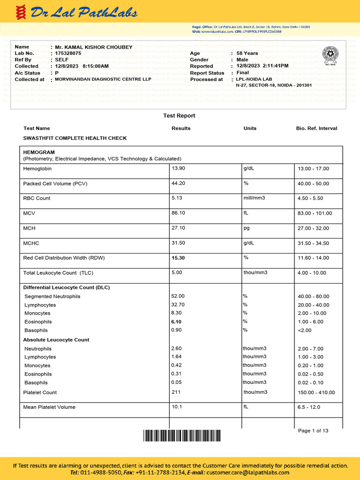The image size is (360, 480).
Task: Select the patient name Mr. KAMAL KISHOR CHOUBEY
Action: (94, 47)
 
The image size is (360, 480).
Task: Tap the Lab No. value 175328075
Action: (68, 53)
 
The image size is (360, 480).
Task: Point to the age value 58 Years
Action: (247, 53)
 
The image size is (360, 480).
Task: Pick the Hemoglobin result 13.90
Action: (178, 168)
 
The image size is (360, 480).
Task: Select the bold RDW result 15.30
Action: (178, 258)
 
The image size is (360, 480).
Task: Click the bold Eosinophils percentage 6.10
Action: (176, 322)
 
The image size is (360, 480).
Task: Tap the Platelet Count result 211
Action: (176, 392)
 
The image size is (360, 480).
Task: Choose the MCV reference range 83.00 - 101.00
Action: (315, 213)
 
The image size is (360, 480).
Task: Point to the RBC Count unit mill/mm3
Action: (254, 198)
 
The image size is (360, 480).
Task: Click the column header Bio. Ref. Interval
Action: (316, 128)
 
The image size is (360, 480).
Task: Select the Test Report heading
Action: (179, 116)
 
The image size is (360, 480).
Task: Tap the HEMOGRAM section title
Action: (39, 152)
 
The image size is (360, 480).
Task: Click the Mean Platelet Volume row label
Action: (49, 407)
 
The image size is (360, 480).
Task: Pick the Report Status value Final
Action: (243, 73)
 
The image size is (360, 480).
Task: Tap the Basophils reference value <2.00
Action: (304, 330)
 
